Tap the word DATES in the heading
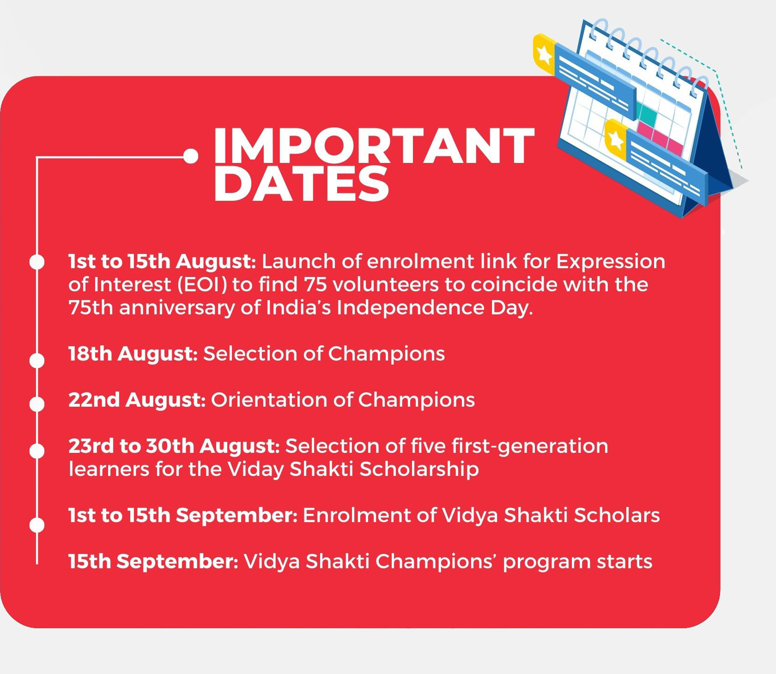tap(301, 184)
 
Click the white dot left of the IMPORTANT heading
tap(190, 156)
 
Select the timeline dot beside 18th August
tap(37, 360)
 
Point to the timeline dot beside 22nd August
tap(37, 404)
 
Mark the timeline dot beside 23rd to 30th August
tap(37, 451)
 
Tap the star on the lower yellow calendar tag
tap(615, 139)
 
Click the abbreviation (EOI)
tap(202, 285)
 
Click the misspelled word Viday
tap(255, 469)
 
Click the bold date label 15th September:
tap(153, 562)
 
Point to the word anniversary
tap(177, 308)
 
